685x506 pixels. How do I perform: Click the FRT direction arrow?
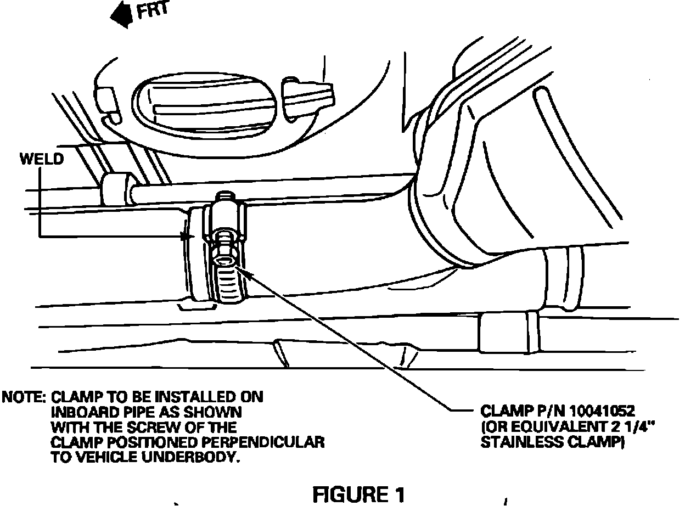pos(122,15)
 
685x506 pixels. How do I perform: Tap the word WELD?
pos(41,160)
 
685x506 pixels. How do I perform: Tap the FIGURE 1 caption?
pos(358,494)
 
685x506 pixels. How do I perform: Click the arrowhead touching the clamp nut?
pos(241,268)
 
